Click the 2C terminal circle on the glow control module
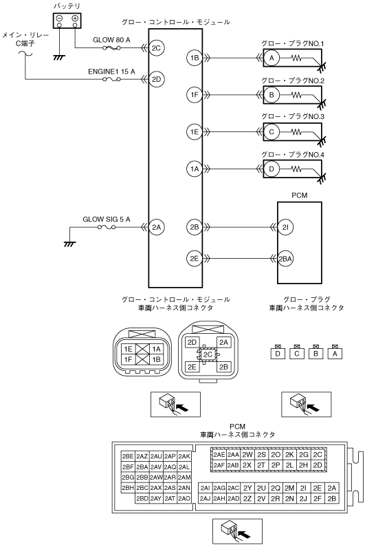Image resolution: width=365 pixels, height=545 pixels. (x=156, y=48)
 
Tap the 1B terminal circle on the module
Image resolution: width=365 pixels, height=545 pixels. (x=195, y=58)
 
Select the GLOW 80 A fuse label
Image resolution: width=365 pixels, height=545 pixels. (x=111, y=40)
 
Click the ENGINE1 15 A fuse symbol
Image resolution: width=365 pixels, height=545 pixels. (x=111, y=80)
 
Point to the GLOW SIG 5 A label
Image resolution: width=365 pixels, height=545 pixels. (x=107, y=220)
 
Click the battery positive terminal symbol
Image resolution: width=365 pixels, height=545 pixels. (x=75, y=19)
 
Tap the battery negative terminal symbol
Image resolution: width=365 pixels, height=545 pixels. (x=59, y=19)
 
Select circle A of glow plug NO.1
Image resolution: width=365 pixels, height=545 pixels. (x=272, y=58)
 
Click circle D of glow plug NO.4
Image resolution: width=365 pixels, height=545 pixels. (x=272, y=169)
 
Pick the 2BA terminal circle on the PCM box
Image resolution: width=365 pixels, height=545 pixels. (x=285, y=259)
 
